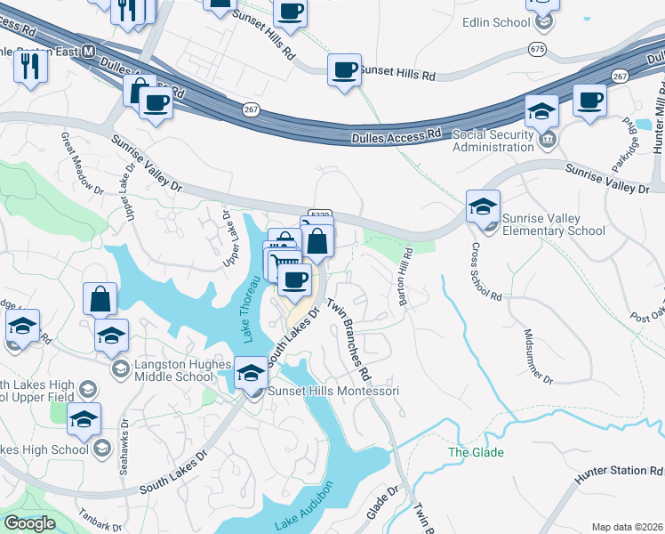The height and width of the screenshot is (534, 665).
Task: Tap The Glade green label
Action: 476,452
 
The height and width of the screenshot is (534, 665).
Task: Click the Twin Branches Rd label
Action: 348,334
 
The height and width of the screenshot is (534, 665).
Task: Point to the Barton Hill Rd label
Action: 405,278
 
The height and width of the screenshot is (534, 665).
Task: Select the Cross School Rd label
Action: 486,271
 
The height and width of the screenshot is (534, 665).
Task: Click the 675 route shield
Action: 536,46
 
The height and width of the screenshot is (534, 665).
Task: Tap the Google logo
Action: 29,523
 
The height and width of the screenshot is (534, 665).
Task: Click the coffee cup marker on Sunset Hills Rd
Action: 344,69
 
